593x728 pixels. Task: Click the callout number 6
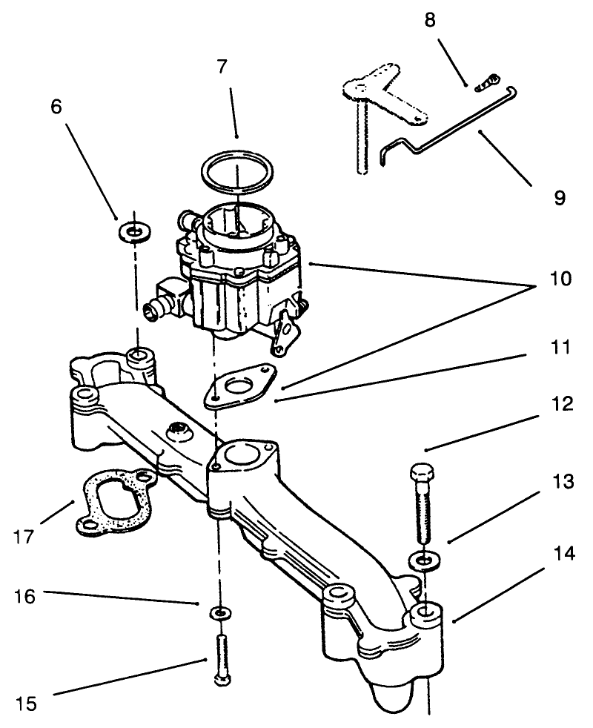(56, 107)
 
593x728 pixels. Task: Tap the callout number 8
(429, 20)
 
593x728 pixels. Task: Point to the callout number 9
(559, 197)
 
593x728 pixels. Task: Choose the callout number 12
(560, 404)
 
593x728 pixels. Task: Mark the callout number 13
(563, 483)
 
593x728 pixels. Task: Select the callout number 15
(26, 704)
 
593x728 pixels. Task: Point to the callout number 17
(24, 536)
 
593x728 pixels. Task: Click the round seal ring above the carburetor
(236, 171)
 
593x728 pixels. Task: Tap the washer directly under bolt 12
(420, 559)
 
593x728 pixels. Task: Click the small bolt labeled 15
(220, 659)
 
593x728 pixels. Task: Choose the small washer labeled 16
(220, 613)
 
